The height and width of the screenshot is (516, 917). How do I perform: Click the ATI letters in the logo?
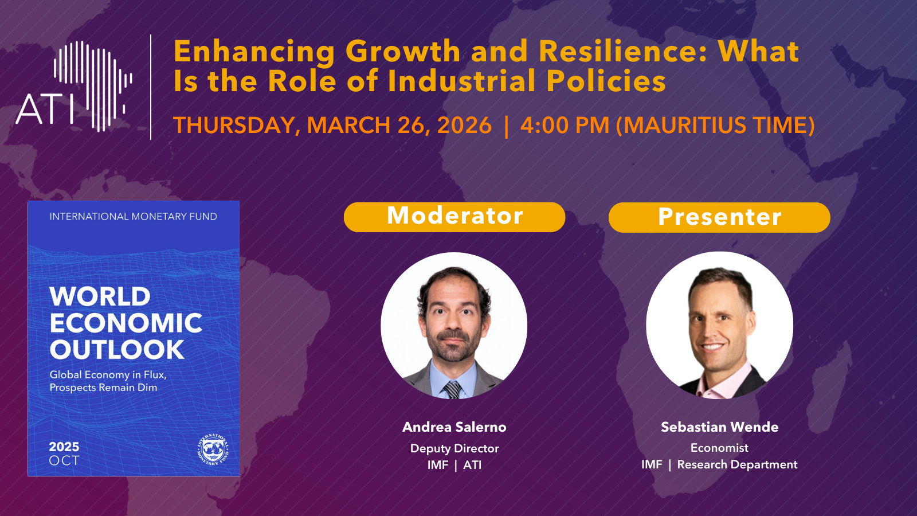45,110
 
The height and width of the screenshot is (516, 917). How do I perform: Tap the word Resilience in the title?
622,52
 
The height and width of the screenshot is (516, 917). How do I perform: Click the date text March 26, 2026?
399,126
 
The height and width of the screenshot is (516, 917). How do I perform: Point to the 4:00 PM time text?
565,126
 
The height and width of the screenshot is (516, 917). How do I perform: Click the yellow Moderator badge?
454,217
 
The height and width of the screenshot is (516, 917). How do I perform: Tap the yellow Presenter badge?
719,217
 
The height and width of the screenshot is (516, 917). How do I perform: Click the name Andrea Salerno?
454,427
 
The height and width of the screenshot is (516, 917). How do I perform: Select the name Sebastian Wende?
720,427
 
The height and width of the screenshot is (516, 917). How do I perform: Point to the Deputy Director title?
454,449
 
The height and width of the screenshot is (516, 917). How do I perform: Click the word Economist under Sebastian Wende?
719,448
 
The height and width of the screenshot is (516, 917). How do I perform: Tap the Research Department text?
737,465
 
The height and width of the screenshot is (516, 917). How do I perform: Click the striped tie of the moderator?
453,389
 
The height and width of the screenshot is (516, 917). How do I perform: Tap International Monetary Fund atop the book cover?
134,217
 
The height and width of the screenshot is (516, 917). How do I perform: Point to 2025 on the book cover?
64,447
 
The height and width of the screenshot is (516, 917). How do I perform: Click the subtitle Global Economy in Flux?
108,375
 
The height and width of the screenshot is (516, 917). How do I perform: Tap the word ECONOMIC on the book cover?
126,323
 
